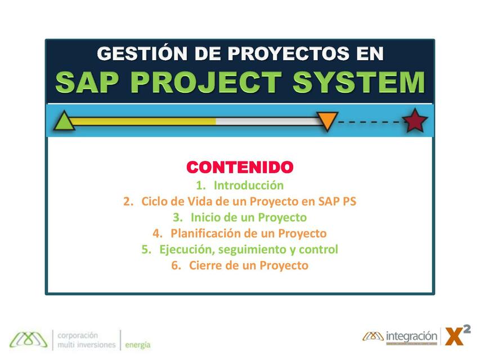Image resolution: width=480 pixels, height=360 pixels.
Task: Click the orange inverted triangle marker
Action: pos(326,120)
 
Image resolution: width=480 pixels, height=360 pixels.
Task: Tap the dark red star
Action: pos(415,121)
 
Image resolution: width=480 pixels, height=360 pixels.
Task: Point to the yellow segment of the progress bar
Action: pos(143,121)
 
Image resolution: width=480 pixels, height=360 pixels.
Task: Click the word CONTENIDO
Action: pos(240,167)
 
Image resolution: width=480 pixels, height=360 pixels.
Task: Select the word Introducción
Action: pos(249,185)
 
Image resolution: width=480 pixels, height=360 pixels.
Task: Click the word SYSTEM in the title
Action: pos(358,82)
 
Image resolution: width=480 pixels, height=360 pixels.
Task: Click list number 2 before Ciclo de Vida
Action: pos(129,201)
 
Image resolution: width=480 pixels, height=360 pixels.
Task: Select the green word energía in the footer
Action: pos(138,345)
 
